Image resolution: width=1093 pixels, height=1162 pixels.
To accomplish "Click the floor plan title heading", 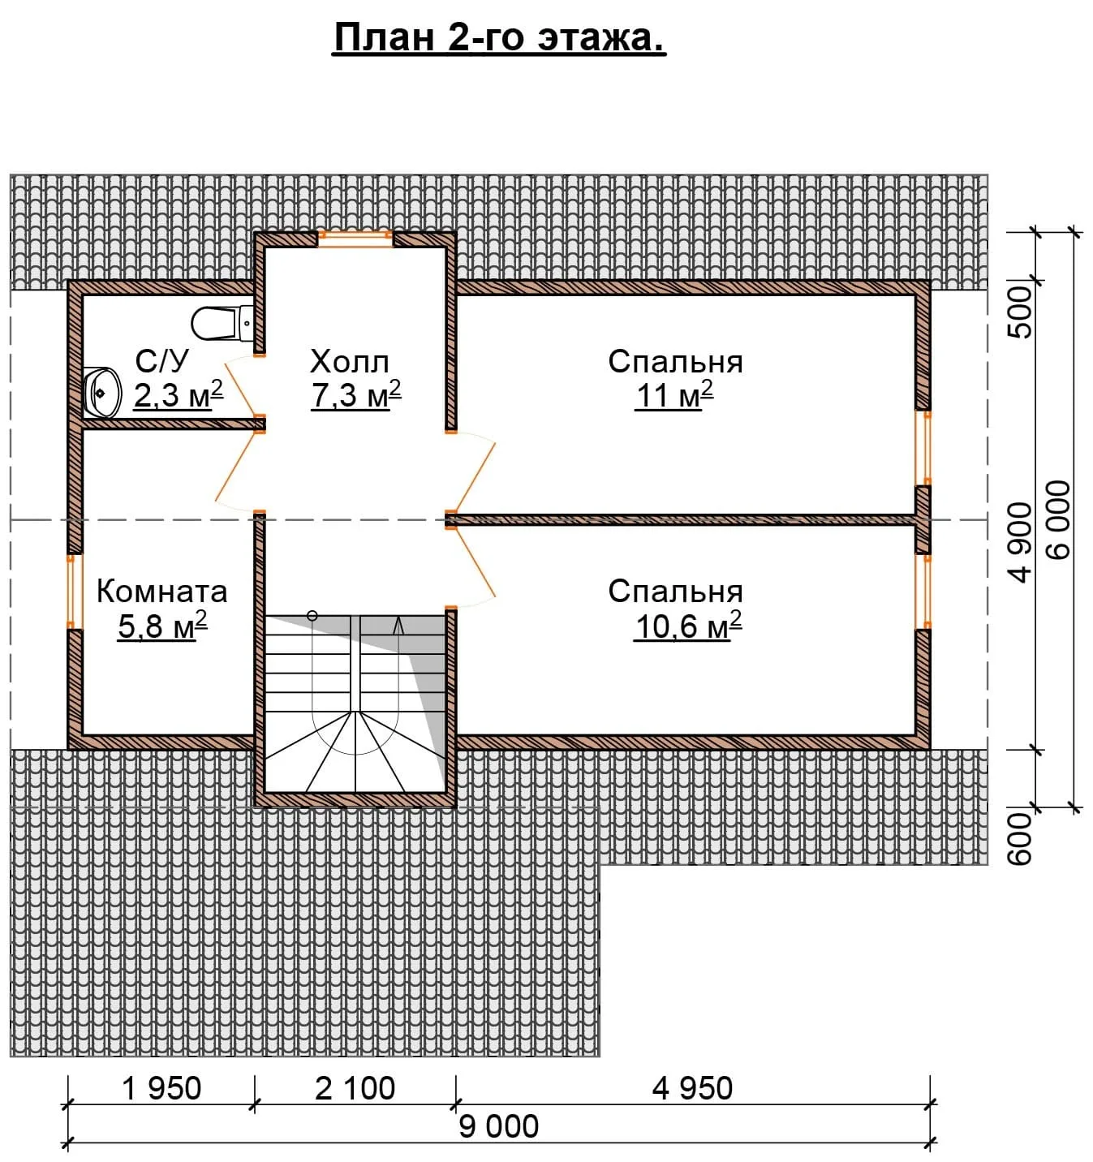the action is (499, 38).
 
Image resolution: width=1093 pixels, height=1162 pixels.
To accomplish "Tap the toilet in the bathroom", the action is (222, 323).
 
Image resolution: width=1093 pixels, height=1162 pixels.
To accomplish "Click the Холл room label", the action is (349, 362).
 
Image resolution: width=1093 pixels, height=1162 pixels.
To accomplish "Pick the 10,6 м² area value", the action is (687, 626).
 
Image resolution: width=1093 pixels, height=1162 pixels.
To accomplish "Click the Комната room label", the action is (162, 591).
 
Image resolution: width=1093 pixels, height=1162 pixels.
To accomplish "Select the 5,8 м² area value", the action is (162, 626).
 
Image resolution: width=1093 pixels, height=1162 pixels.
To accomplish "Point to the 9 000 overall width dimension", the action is (498, 1126).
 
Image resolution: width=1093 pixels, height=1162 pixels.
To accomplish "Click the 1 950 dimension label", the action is (161, 1088).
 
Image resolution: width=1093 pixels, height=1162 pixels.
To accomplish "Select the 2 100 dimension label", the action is (355, 1088).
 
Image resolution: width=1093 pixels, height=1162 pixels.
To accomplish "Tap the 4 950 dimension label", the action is (692, 1088).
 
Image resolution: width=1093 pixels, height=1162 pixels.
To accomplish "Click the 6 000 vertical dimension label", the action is (1058, 520).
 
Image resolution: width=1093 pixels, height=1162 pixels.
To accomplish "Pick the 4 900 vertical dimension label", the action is (1021, 542).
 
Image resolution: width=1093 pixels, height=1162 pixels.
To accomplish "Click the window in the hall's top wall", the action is (355, 239).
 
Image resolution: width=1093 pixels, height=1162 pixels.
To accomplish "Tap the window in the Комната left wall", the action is (75, 591).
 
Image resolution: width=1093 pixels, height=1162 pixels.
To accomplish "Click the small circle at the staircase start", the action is (312, 616).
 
